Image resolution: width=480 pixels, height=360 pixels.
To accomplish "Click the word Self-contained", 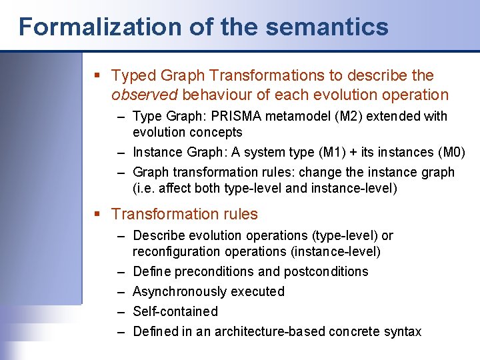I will (x=175, y=311).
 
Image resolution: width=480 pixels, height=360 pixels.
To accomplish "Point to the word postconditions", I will (x=328, y=271).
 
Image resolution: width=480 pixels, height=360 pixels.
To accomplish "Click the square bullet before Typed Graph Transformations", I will (x=98, y=76).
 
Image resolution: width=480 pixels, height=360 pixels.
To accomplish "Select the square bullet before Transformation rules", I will (x=98, y=215).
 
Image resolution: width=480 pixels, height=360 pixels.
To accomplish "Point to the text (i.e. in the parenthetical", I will (x=144, y=188).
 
